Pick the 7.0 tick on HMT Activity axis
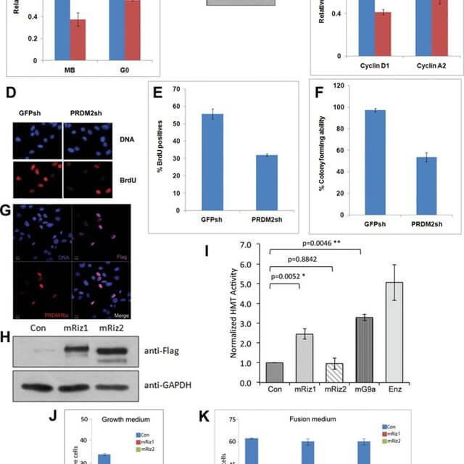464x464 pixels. pyautogui.click(x=254, y=245)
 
